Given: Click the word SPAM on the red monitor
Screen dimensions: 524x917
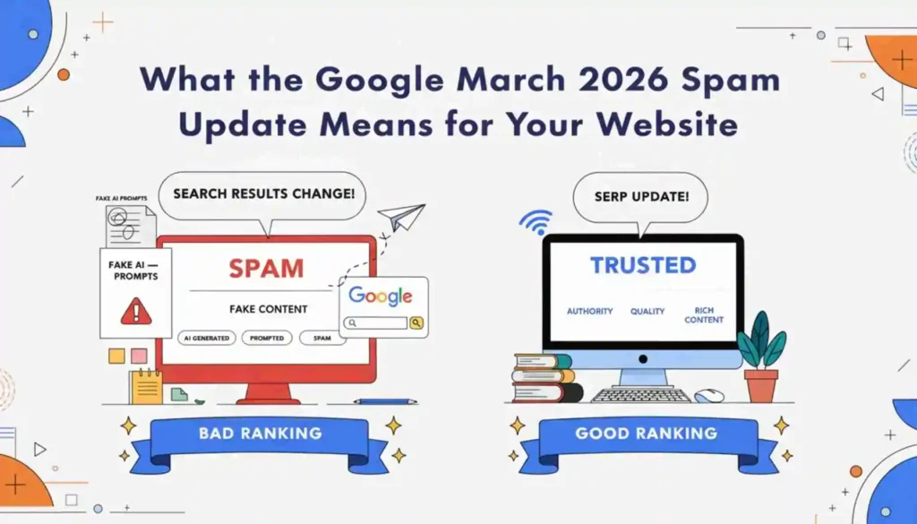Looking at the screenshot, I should (x=266, y=268).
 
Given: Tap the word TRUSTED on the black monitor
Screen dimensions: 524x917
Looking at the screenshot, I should (x=642, y=265).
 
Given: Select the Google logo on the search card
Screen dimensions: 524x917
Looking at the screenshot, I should (x=381, y=296).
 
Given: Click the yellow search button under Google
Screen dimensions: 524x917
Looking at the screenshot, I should (x=416, y=322).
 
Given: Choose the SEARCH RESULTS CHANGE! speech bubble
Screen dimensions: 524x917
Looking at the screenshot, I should (x=262, y=193).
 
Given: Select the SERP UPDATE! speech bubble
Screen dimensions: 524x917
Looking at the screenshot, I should (x=640, y=196).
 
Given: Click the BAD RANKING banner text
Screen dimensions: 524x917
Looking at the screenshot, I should (x=260, y=434).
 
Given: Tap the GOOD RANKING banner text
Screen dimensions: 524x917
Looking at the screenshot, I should (x=646, y=434).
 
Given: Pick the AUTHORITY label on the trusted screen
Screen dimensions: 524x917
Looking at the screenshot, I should (x=590, y=312).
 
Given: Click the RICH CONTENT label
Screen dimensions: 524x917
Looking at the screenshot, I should (x=704, y=315).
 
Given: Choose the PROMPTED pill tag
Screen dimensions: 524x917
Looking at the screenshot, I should (x=267, y=339).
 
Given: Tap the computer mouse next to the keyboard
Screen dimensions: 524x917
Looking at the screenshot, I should (x=709, y=395).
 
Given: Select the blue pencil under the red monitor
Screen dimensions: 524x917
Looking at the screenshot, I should (x=384, y=401).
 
